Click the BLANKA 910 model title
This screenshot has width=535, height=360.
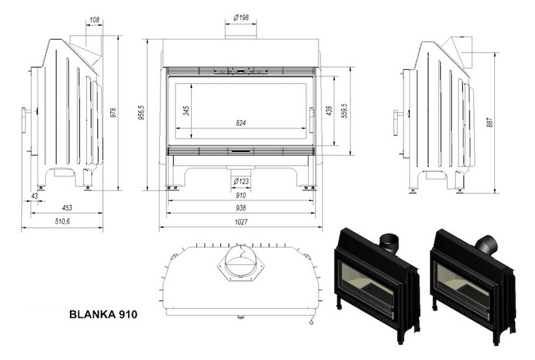point(103,314)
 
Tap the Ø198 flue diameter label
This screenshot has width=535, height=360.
point(241,17)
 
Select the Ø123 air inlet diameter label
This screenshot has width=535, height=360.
point(241,182)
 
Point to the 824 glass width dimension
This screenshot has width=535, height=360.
point(241,122)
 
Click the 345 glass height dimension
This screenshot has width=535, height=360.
point(187,111)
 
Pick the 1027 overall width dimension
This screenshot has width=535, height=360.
point(241,222)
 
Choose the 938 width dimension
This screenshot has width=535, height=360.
point(241,208)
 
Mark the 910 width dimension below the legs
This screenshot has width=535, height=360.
point(241,196)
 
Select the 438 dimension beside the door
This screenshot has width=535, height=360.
point(329,111)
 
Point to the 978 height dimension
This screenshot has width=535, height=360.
point(113,113)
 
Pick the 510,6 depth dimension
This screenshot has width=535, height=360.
point(62,221)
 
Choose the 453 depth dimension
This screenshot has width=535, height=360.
point(67,208)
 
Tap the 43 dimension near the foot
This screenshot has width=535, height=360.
point(34,196)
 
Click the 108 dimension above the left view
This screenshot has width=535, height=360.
point(94,20)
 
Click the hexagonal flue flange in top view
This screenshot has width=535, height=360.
point(241,263)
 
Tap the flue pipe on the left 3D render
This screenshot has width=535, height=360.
point(389,243)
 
